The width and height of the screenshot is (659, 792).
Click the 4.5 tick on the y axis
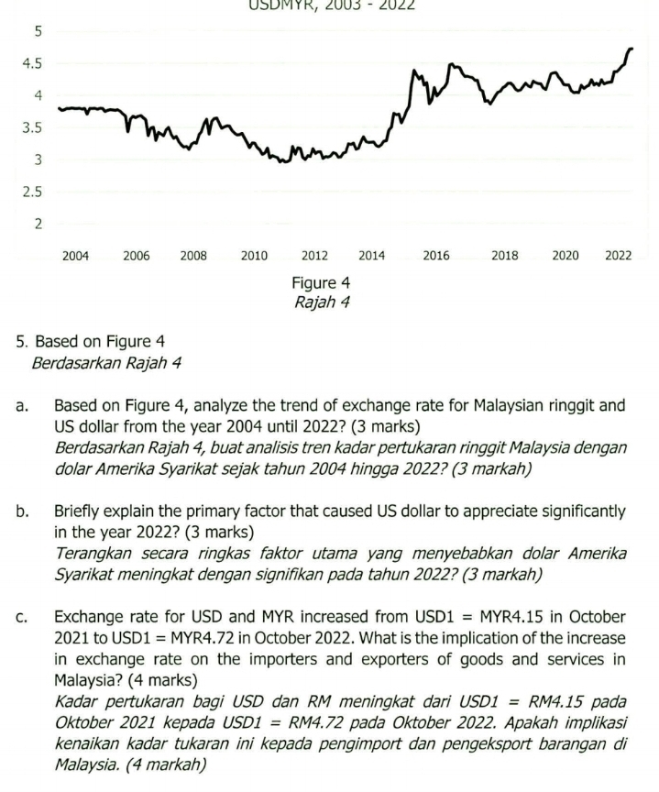click(x=32, y=64)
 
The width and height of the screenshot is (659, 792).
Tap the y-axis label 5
click(x=38, y=32)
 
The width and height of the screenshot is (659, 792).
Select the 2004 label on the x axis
click(x=75, y=257)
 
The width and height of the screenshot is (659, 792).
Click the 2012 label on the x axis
click(x=314, y=257)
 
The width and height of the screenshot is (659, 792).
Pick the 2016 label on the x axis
click(x=436, y=257)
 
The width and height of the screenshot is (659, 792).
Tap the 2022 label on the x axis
click(x=619, y=257)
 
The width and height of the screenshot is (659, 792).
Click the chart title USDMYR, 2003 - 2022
click(x=332, y=5)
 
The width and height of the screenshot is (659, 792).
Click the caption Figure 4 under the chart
click(x=321, y=283)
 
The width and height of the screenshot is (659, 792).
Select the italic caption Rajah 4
click(x=321, y=302)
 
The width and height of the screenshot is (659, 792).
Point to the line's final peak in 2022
click(x=631, y=49)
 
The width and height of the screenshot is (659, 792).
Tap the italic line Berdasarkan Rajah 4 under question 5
click(x=106, y=363)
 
